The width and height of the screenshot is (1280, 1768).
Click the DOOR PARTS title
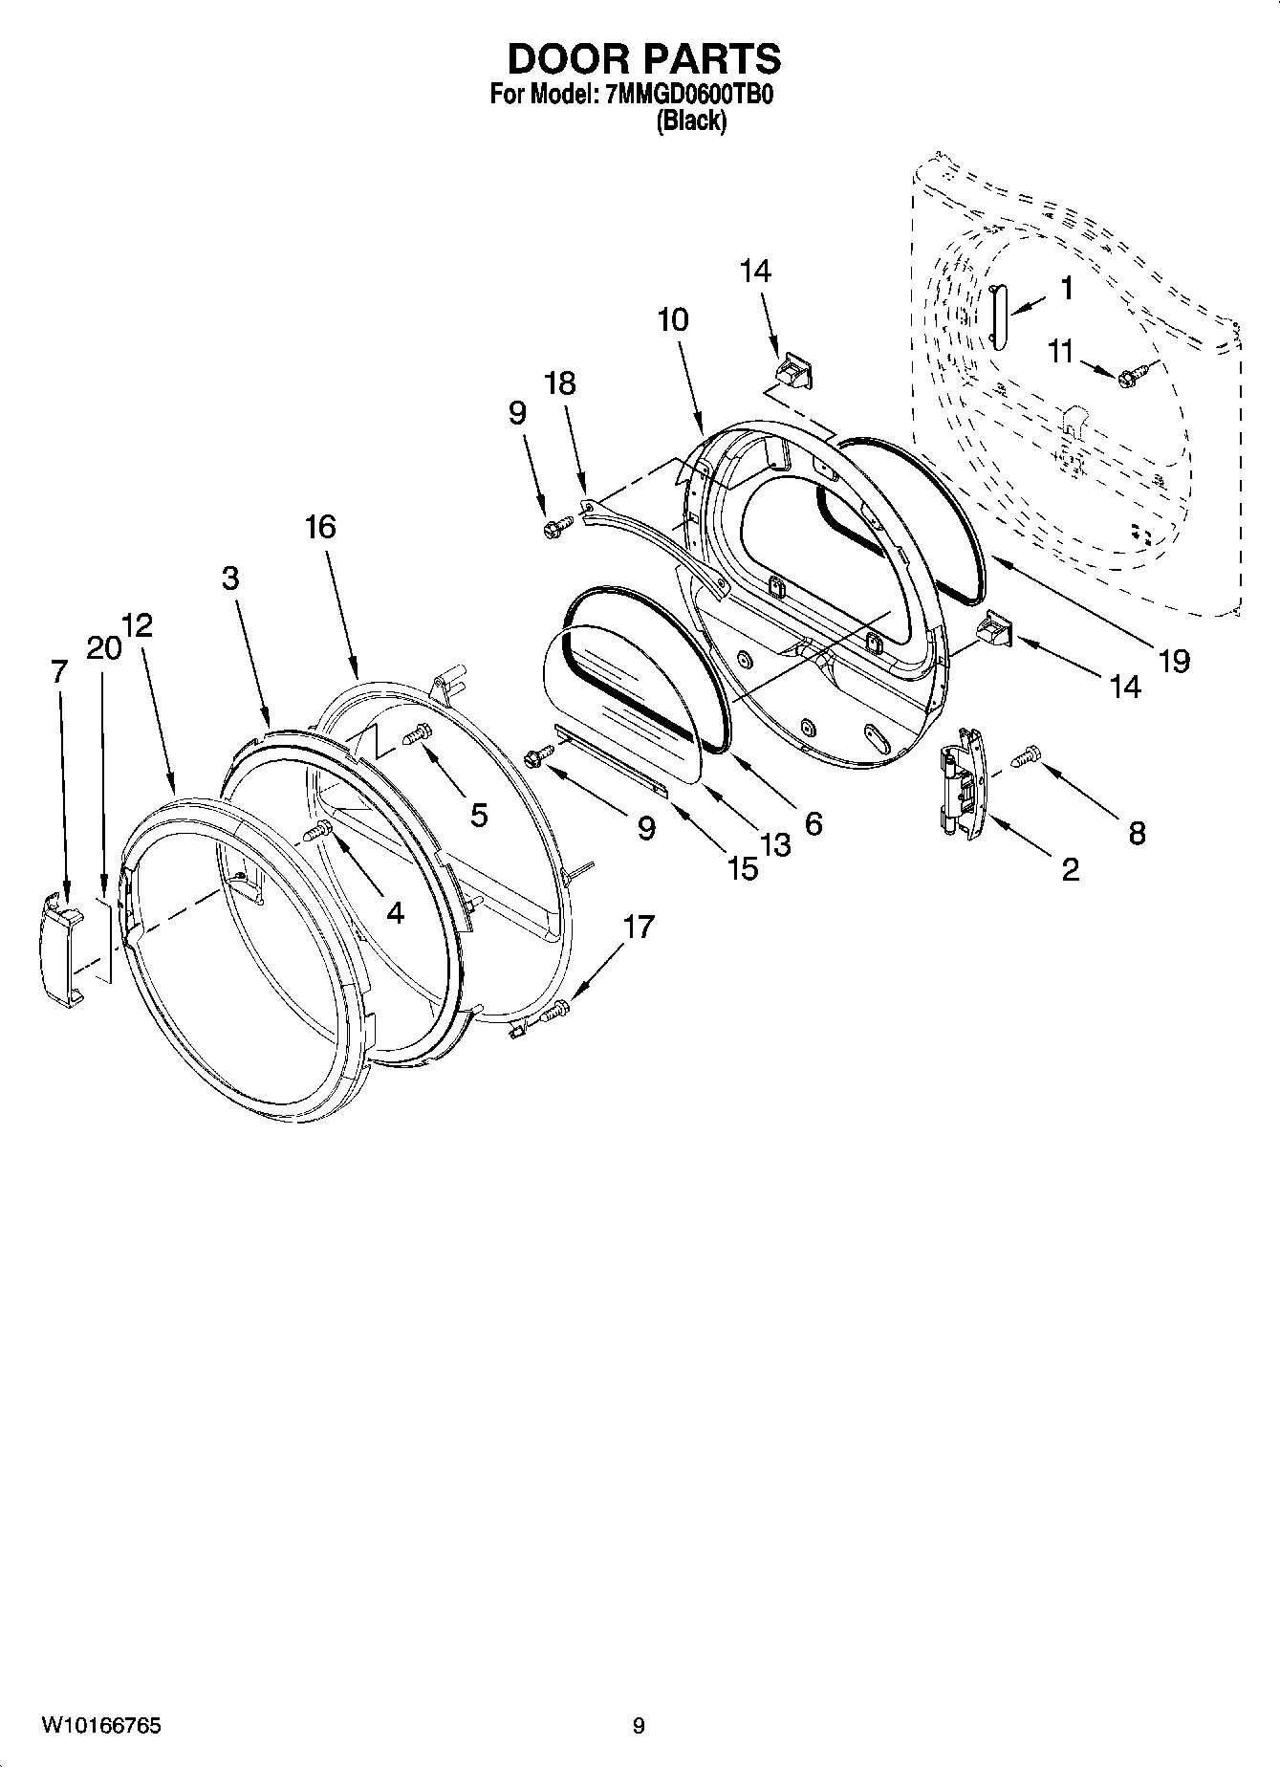643,59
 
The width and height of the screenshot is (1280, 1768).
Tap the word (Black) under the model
690,121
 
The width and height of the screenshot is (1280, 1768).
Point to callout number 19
1173,660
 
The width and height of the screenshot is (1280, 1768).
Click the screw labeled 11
1128,377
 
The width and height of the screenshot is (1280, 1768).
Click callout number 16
320,526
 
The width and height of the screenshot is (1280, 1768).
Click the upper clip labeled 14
792,368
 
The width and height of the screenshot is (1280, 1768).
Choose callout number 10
672,319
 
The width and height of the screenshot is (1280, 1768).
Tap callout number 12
138,625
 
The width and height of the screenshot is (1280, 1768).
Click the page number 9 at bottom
639,1726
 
